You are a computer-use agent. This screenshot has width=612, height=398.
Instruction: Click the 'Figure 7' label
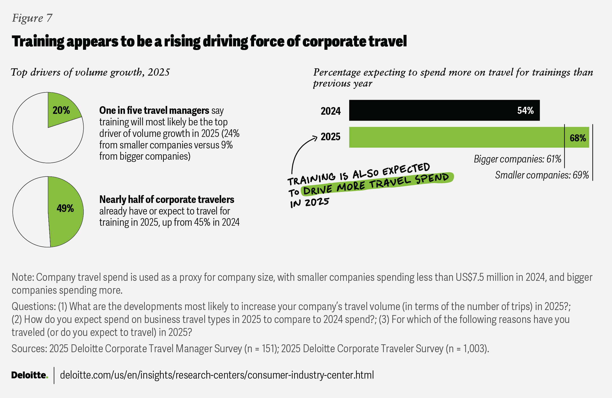point(32,18)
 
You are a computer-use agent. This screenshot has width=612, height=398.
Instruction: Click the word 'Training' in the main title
point(38,42)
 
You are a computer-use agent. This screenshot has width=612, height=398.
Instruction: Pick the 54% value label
point(525,110)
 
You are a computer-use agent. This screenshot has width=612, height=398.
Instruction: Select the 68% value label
point(578,138)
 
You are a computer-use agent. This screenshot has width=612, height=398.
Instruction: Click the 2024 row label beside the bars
point(331,111)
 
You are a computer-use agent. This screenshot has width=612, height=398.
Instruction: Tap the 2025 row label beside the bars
point(331,137)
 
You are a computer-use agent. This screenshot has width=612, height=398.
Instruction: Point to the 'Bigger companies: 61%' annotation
point(517,159)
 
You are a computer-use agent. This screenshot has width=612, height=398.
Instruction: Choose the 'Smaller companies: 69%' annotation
point(542,175)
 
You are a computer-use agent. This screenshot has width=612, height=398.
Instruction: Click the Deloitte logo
point(30,375)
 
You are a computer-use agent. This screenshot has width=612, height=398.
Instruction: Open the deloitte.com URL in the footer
point(217,375)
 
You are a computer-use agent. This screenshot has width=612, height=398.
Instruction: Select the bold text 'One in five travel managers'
point(154,110)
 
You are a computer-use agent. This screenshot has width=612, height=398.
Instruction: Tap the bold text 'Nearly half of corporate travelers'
point(167,200)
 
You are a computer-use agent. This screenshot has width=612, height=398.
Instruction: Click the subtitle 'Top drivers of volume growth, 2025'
point(90,73)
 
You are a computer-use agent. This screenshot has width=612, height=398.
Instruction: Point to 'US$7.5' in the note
point(470,277)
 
